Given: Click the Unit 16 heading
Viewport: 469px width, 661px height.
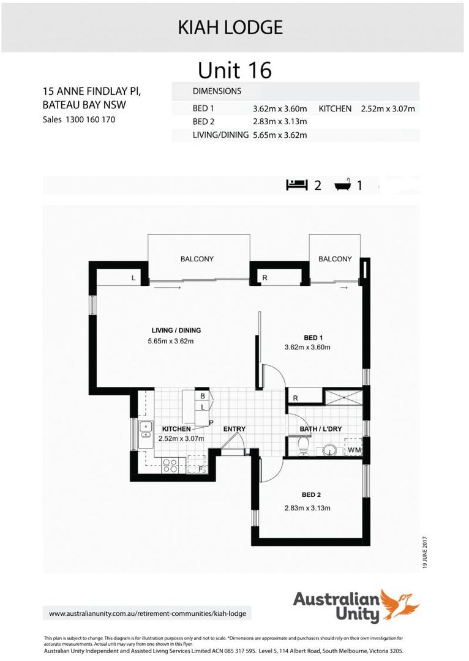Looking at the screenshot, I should pyautogui.click(x=234, y=70).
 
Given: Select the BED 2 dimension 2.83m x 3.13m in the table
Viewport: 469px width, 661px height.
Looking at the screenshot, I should pyautogui.click(x=280, y=122).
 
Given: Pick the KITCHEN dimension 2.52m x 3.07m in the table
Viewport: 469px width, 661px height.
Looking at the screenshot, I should pyautogui.click(x=388, y=109).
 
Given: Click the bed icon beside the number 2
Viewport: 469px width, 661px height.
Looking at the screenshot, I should pyautogui.click(x=297, y=184).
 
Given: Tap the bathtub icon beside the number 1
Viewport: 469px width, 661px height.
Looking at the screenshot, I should pyautogui.click(x=343, y=184).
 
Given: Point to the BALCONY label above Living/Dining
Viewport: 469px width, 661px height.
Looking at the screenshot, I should pyautogui.click(x=197, y=259).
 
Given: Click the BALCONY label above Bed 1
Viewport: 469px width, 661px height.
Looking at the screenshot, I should pyautogui.click(x=335, y=259).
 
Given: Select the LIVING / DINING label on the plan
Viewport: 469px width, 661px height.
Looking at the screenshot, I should pyautogui.click(x=176, y=330).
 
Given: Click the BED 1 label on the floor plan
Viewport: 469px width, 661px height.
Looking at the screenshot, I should pyautogui.click(x=313, y=338).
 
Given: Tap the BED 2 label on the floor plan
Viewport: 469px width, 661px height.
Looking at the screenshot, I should pyautogui.click(x=312, y=495).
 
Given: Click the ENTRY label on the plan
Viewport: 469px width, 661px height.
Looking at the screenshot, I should pyautogui.click(x=234, y=429).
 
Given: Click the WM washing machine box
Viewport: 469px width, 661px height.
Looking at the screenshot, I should pyautogui.click(x=355, y=449).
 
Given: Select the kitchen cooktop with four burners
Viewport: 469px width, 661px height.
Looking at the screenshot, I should pyautogui.click(x=170, y=466).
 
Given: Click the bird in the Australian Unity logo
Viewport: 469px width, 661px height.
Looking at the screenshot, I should pyautogui.click(x=399, y=603).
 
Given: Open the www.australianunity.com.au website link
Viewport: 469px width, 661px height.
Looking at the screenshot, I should pyautogui.click(x=149, y=613).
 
